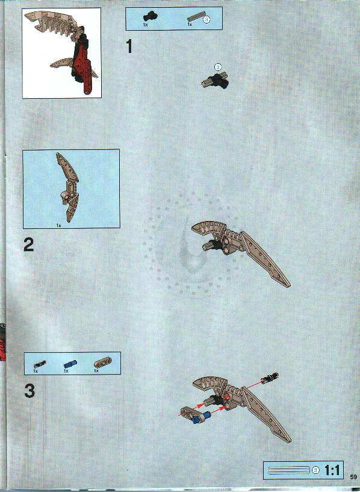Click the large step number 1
(128, 46)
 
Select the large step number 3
(30, 391)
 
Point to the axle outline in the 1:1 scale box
(288, 470)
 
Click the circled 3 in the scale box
(316, 470)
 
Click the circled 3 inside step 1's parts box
(206, 20)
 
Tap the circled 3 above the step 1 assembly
(218, 67)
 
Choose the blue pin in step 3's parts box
(71, 363)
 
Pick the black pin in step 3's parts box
(40, 364)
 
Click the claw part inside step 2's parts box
(67, 187)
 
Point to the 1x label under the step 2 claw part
(58, 225)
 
